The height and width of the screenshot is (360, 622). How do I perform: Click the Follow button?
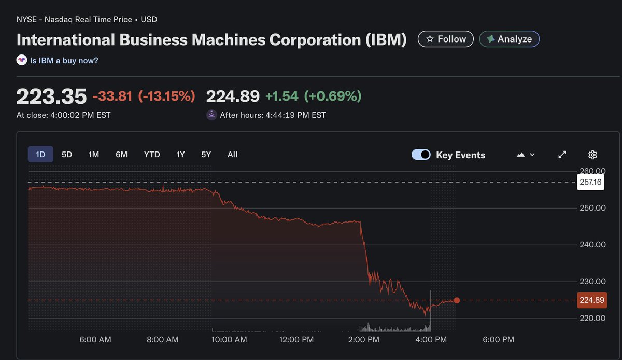tap(445, 39)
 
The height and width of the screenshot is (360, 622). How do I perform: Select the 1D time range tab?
tap(40, 155)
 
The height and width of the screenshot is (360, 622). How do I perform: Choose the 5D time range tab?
tap(67, 155)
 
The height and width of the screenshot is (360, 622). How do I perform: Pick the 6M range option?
tap(121, 155)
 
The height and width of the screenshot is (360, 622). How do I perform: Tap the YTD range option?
tap(152, 155)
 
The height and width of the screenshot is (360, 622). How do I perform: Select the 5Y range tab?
tap(206, 155)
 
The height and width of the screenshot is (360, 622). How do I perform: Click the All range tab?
tap(232, 155)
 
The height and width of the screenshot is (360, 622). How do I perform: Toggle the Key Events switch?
tap(421, 155)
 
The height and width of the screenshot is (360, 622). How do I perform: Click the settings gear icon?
tap(593, 155)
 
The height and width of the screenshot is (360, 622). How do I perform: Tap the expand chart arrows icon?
tap(562, 155)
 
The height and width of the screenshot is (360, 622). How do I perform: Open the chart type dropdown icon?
tap(526, 155)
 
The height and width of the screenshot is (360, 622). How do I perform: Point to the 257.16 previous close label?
tap(590, 182)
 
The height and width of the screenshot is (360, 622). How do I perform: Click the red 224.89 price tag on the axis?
tap(591, 300)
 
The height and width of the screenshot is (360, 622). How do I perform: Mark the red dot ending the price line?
tap(457, 300)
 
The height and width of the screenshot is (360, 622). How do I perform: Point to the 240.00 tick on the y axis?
tap(592, 245)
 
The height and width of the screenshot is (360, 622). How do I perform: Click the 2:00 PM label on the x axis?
tap(363, 340)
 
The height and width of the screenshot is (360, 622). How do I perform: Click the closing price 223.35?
tap(51, 96)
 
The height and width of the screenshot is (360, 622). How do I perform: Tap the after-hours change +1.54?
tap(282, 96)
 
